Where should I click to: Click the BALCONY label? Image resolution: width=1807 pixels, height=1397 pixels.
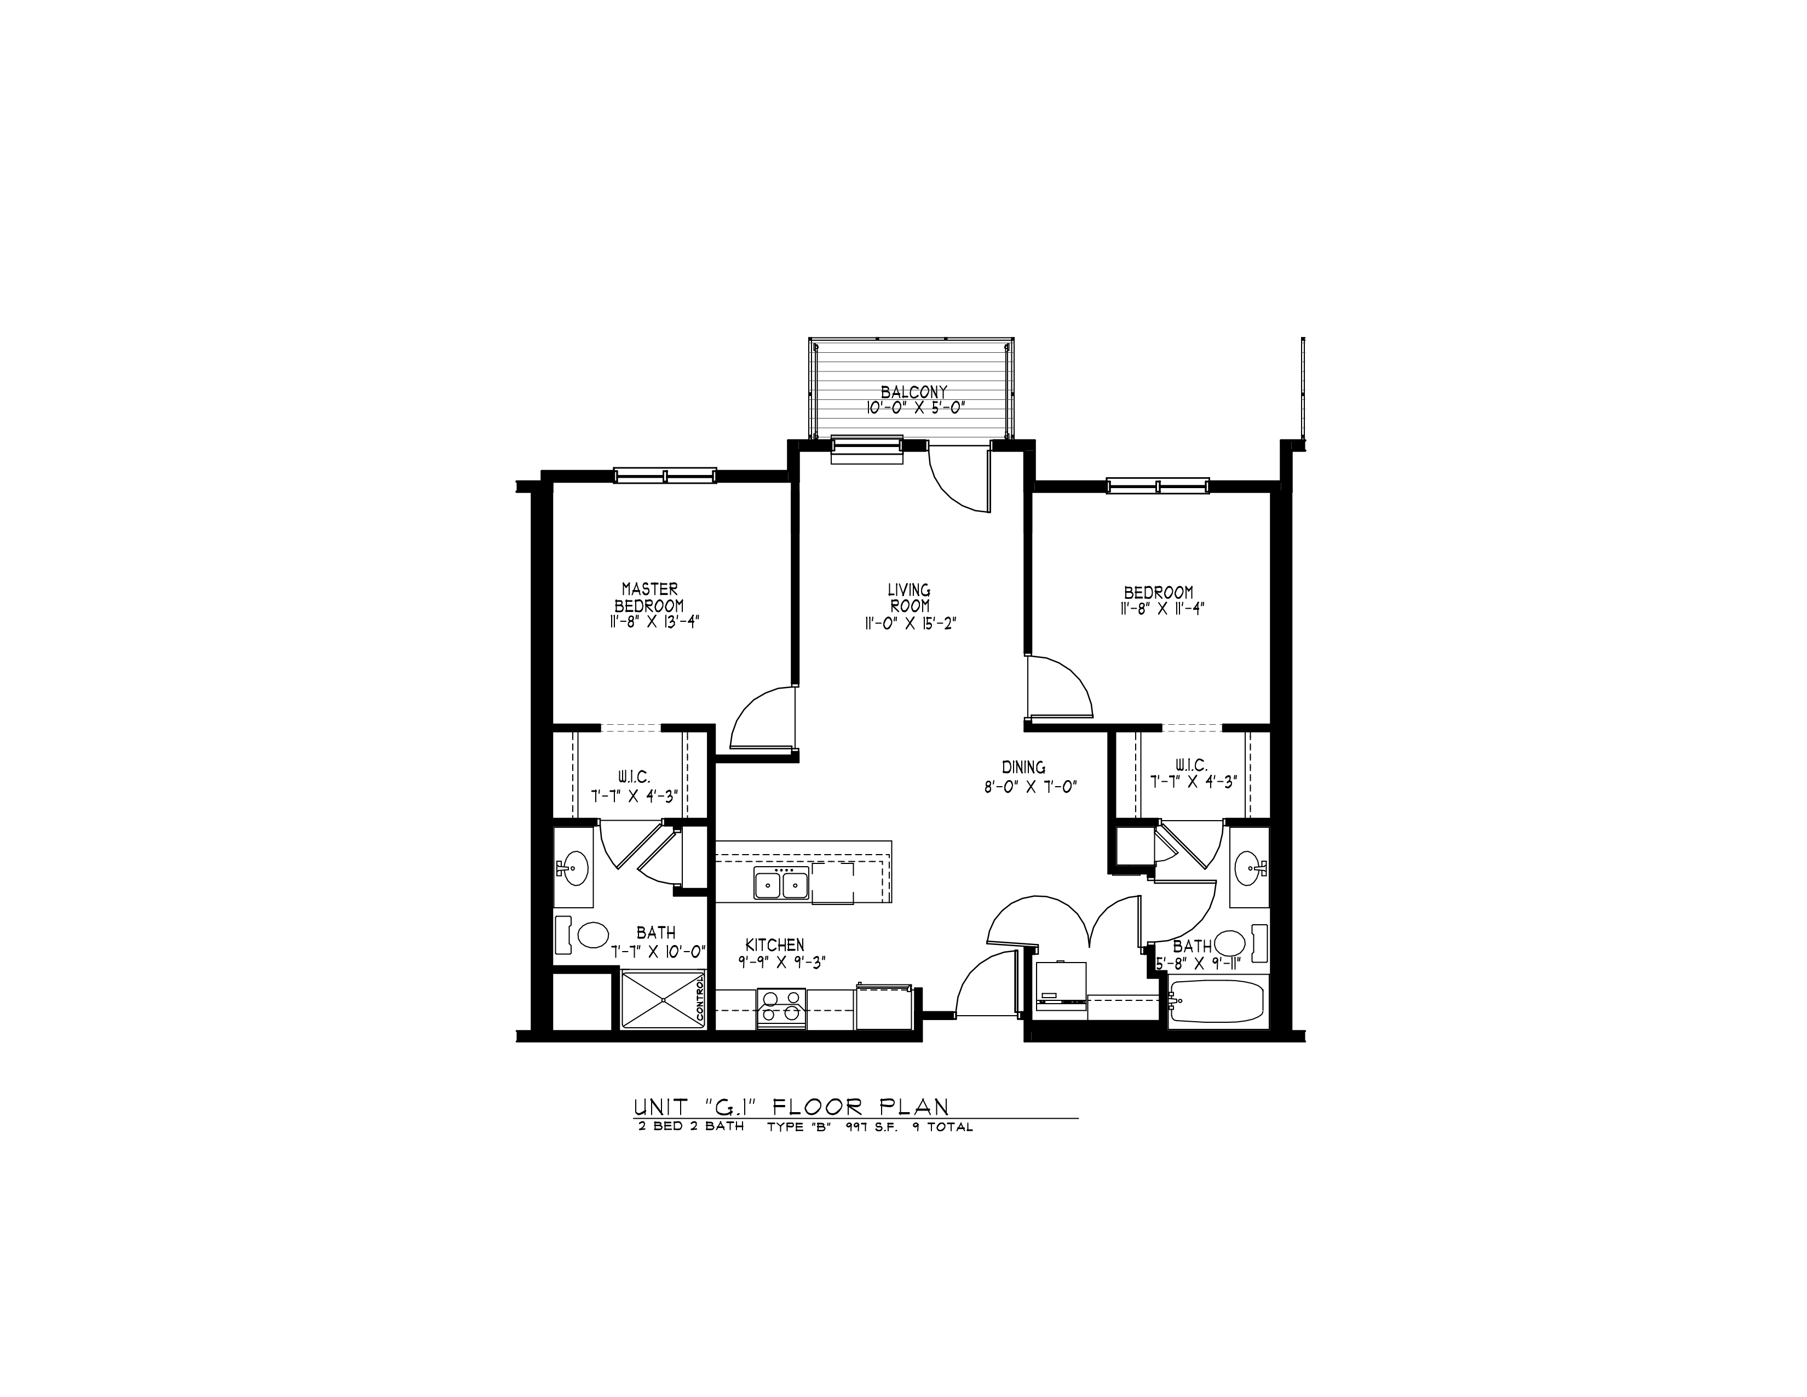[x=913, y=392]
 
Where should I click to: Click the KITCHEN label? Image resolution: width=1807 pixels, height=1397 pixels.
[x=774, y=944]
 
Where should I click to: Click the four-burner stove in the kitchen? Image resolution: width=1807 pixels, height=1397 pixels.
[x=781, y=1008]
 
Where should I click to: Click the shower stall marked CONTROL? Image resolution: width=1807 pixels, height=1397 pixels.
[x=663, y=1000]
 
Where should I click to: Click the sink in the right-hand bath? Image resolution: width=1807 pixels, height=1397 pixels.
[x=1248, y=869]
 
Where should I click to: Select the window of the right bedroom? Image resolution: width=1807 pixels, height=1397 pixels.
[x=1158, y=486]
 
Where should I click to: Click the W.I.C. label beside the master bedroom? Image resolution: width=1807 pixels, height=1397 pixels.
[x=633, y=777]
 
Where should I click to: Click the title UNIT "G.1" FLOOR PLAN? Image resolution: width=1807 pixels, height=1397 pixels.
[x=790, y=1107]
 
